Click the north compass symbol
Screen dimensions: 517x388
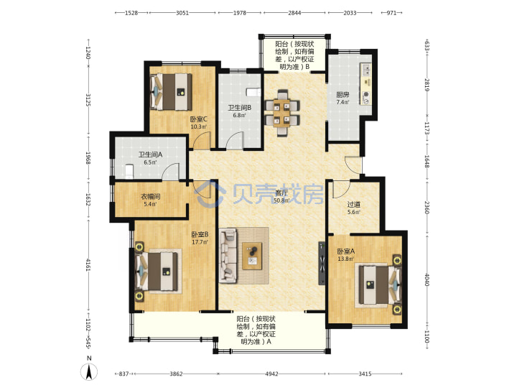coord(89,369)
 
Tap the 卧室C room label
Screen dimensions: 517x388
coord(198,119)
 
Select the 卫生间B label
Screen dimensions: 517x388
coord(240,108)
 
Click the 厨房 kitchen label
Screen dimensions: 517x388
coord(343,95)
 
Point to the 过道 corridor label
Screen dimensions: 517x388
coord(353,205)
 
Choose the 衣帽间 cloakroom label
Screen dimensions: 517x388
coord(150,197)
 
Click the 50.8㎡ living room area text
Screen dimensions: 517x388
coord(281,200)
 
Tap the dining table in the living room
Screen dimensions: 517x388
coord(282,113)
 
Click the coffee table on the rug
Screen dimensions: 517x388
coord(252,256)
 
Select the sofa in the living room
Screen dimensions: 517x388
coord(228,255)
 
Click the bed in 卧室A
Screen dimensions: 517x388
coord(378,285)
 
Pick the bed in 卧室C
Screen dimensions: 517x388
coord(171,91)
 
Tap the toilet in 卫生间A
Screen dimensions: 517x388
coord(129,172)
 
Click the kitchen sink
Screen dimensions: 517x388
coord(366,69)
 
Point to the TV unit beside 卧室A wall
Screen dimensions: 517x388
coord(322,263)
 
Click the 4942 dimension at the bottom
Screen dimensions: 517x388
coord(271,374)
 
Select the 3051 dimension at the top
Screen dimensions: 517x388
coord(182,13)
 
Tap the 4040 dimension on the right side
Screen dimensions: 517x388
coord(427,280)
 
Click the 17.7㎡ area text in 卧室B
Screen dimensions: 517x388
coord(200,242)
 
